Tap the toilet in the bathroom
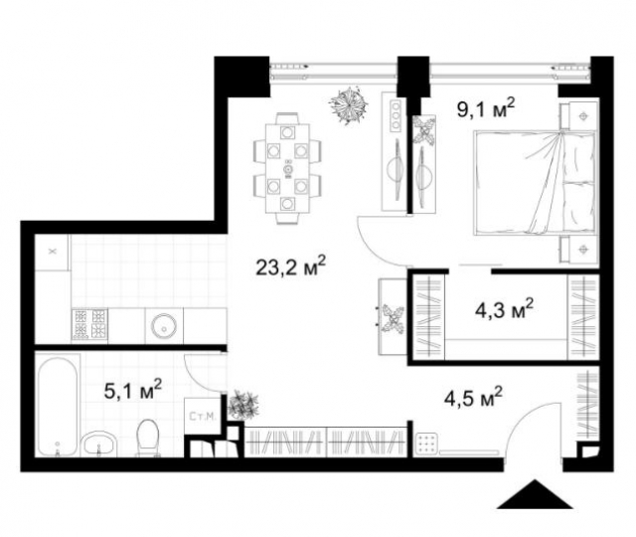[x=148, y=436]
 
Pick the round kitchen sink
[x=162, y=322]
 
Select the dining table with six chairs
[x=288, y=164]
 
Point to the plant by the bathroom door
[x=241, y=405]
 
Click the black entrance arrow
[x=537, y=497]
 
